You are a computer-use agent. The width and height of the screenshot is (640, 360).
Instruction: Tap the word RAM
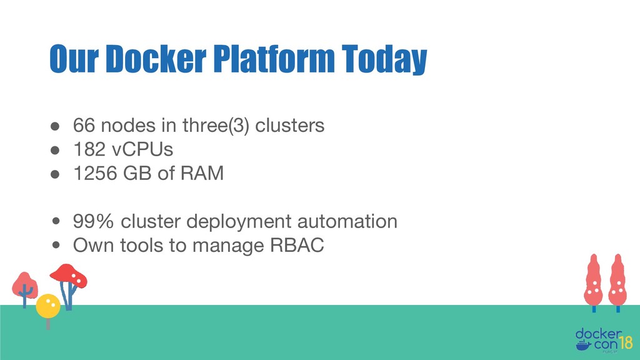[202, 174]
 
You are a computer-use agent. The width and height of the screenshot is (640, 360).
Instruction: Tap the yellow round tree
[48, 306]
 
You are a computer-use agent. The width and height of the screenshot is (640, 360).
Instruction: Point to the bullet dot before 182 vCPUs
[56, 150]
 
